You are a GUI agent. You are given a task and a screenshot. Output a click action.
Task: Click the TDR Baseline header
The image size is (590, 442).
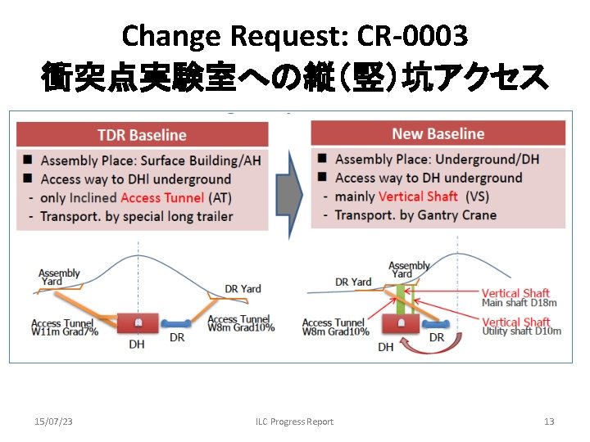(x=142, y=135)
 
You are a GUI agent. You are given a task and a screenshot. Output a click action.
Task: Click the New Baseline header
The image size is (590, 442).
(x=438, y=133)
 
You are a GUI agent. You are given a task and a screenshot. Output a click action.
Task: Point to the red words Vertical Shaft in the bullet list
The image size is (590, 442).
(x=419, y=196)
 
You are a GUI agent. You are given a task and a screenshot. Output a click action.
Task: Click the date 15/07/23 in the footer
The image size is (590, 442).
(x=53, y=422)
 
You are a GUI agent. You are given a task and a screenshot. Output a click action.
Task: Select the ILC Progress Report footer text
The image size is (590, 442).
(x=294, y=422)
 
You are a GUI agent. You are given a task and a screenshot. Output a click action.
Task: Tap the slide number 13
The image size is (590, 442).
(x=549, y=422)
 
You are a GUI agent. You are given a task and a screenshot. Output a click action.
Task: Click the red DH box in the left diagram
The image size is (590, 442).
(x=138, y=322)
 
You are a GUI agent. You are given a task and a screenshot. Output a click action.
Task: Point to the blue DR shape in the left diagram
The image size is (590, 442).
(x=176, y=322)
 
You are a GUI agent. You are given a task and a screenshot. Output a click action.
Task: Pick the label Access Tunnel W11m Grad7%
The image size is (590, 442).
(x=63, y=328)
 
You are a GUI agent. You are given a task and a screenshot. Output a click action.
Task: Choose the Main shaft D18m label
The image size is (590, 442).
(x=520, y=303)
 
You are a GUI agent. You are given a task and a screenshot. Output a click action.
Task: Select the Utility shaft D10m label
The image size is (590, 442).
(x=522, y=331)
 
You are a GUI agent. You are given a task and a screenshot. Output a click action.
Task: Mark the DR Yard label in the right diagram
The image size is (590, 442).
(x=353, y=282)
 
